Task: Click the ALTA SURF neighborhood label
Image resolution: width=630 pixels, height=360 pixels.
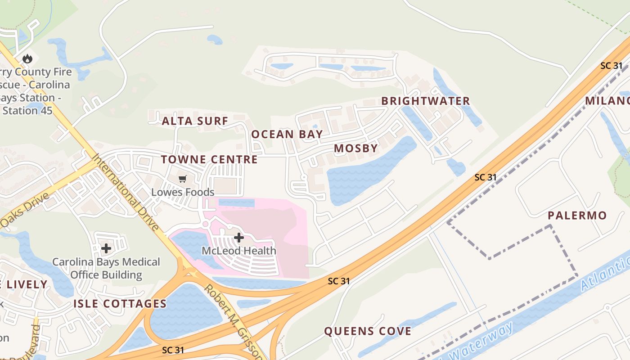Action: coord(195,121)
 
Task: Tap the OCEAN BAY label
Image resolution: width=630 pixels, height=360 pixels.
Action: coord(287,134)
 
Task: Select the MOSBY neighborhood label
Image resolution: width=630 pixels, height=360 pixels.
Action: coord(355,148)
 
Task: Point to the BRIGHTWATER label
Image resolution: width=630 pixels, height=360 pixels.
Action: coord(425,101)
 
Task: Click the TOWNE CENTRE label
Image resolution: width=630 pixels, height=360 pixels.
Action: coord(209,159)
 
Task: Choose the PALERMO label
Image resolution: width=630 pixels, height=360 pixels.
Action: coord(577,216)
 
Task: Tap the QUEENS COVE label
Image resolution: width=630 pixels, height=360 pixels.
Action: coord(368,332)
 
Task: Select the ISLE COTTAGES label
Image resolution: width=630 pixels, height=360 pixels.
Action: coord(120,304)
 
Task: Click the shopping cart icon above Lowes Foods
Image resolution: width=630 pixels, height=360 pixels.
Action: coord(182,179)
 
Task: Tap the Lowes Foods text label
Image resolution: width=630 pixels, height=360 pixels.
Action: coord(182,192)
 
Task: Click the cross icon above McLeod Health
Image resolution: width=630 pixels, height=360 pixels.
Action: coord(239,237)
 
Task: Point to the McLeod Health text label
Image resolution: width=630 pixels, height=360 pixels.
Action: coord(239,251)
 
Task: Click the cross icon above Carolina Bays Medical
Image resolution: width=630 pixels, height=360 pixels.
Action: coord(106,248)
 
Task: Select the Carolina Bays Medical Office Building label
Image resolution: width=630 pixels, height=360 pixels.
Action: coord(106,268)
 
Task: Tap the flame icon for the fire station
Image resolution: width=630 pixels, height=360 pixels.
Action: coord(27,58)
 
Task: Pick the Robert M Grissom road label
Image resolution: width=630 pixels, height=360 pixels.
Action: coord(233,322)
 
